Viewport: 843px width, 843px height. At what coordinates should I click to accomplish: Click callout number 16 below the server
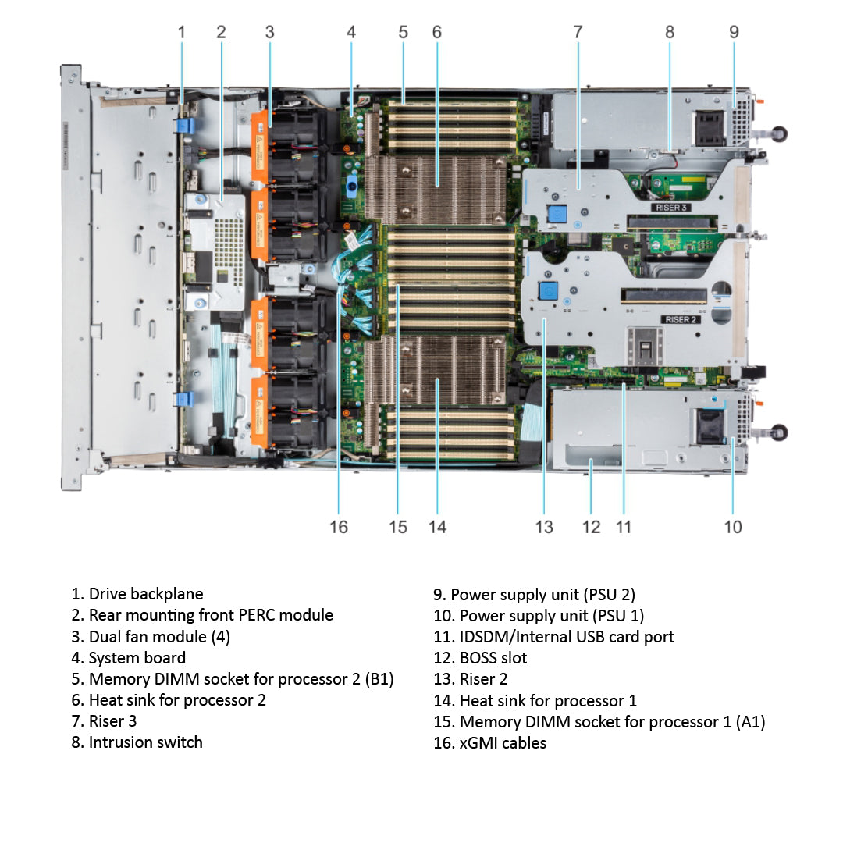pyautogui.click(x=338, y=527)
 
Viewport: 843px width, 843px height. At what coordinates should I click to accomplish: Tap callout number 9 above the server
pyautogui.click(x=734, y=32)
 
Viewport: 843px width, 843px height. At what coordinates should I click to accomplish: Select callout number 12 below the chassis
pyautogui.click(x=592, y=527)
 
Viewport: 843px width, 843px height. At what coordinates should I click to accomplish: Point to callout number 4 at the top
pyautogui.click(x=351, y=32)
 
